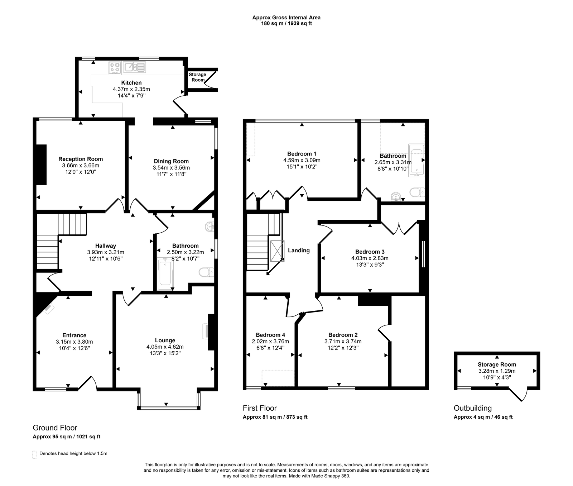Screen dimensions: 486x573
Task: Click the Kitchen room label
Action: click(131, 83)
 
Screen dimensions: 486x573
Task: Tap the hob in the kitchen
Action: click(115, 68)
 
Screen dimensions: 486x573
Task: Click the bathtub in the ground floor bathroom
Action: click(165, 275)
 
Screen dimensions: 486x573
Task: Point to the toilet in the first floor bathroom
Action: click(417, 193)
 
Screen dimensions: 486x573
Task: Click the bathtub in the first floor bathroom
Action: click(416, 160)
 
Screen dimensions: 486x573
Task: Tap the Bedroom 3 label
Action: click(370, 252)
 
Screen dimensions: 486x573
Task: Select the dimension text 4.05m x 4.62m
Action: click(165, 347)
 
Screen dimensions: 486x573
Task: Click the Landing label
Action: click(299, 251)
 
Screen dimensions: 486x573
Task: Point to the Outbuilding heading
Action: click(472, 408)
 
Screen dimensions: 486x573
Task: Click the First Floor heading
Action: click(260, 408)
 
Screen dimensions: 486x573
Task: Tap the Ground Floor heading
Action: click(55, 428)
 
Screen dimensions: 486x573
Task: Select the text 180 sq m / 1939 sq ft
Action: click(286, 24)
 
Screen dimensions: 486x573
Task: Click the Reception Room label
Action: click(81, 159)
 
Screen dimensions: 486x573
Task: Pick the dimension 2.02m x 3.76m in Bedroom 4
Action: click(270, 341)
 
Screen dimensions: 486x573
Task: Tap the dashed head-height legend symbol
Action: click(34, 454)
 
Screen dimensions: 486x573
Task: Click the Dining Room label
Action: click(171, 161)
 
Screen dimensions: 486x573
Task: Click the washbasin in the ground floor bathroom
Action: click(210, 227)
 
